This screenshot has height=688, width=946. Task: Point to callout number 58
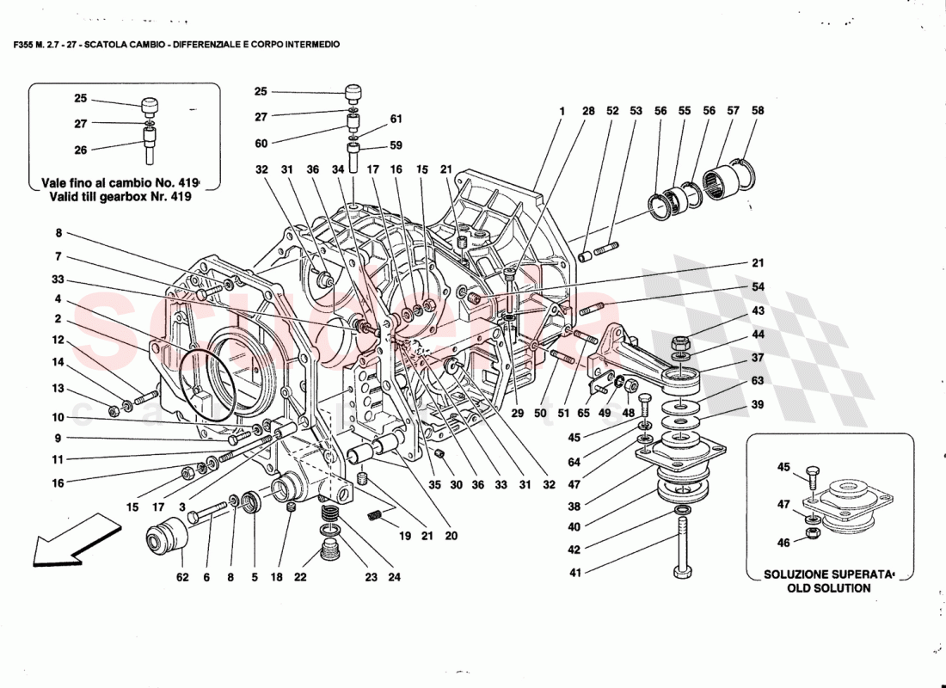coord(757,111)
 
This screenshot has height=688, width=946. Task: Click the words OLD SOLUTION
coord(828,588)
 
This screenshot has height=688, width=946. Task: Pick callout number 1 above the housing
coord(562,111)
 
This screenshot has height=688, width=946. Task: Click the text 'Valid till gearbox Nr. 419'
coord(116,196)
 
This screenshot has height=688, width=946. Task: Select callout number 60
coord(261,144)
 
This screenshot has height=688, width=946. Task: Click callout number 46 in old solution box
coord(783,543)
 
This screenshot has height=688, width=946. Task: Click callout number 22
coord(299,578)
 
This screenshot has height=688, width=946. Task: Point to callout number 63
coord(757,381)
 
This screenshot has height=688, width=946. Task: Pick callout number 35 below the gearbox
coord(434,484)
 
